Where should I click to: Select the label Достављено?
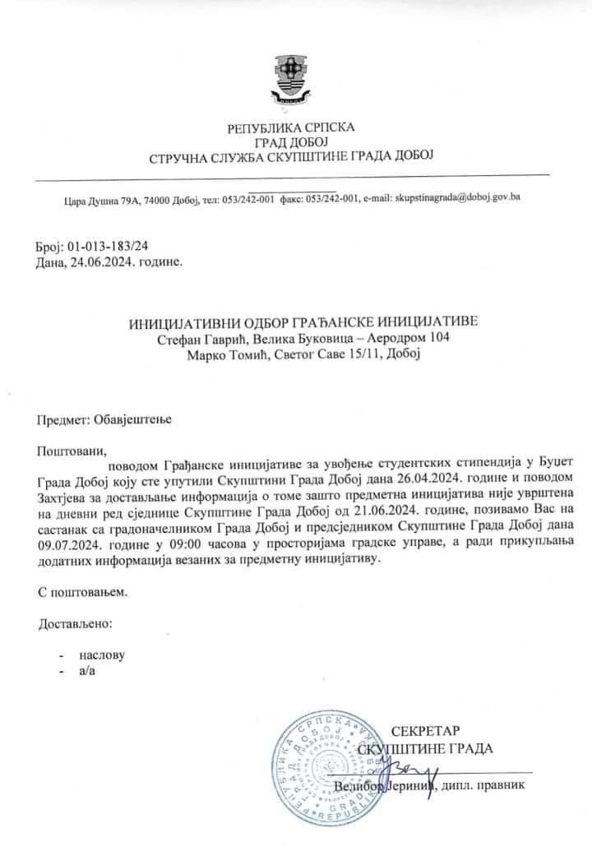[76, 623]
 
